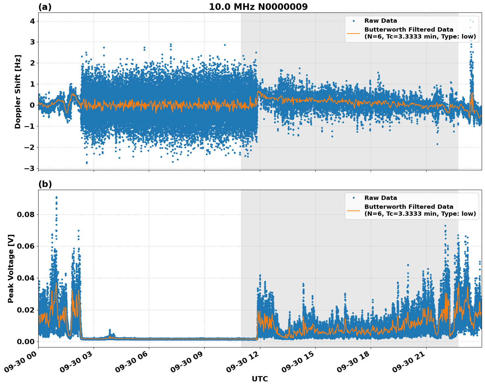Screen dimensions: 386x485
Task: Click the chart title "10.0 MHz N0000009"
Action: click(258, 7)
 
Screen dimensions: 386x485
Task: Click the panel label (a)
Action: click(45, 7)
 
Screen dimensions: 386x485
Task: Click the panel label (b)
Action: click(45, 184)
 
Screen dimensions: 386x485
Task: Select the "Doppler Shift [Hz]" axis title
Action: click(18, 92)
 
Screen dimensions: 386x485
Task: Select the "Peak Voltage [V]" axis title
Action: click(11, 268)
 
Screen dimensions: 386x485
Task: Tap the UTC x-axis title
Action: click(260, 379)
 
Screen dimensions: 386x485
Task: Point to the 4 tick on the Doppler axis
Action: click(32, 21)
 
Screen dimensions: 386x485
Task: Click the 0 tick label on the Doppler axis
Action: click(32, 105)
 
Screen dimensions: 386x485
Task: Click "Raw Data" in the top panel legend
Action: click(381, 21)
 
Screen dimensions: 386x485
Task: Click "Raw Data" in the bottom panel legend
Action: click(381, 198)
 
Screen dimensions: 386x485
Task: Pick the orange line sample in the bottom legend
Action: click(354, 210)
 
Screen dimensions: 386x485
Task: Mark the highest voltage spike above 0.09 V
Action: click(56, 198)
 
